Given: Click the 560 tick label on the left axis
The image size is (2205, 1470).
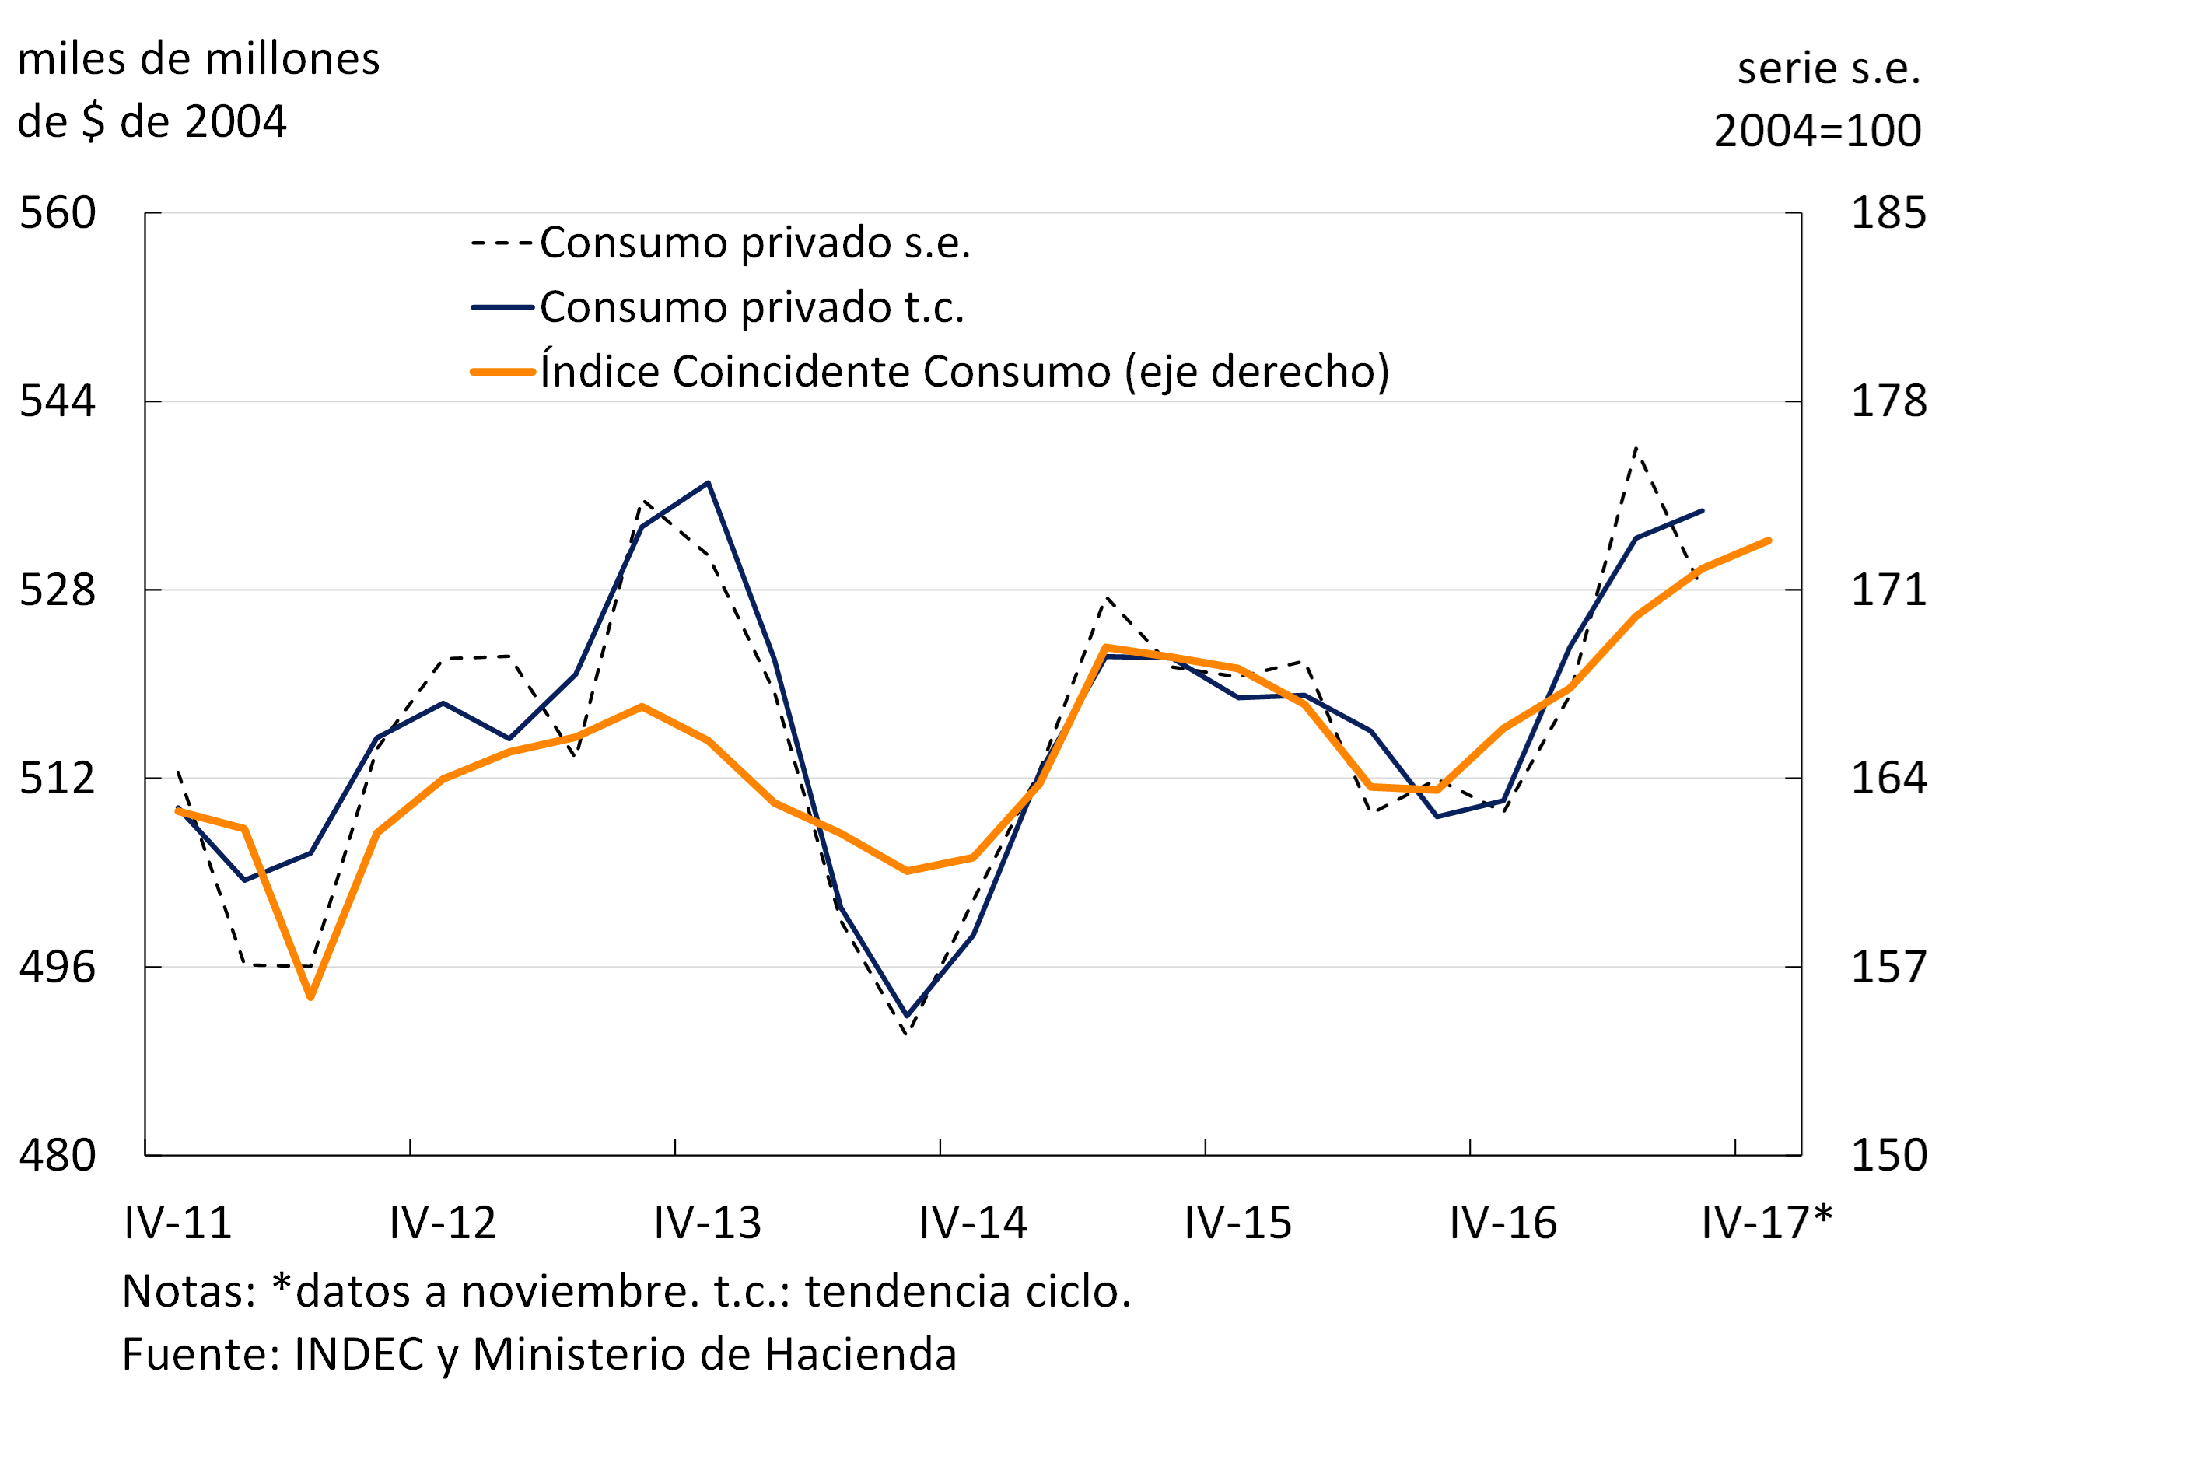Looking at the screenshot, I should (58, 213).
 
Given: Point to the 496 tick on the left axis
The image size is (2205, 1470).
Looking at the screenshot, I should (58, 967).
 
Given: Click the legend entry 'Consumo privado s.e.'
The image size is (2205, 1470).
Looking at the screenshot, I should (754, 243).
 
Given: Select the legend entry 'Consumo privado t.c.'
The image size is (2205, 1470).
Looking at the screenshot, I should (752, 307).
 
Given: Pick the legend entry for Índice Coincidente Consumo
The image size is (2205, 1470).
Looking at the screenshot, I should (964, 371).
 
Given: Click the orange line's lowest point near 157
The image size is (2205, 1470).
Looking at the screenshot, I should (310, 996).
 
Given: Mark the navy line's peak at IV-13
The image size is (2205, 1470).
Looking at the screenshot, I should (709, 484).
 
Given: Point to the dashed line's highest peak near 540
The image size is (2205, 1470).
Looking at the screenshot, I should (1636, 449).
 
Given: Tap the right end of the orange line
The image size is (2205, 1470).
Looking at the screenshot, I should (1768, 541).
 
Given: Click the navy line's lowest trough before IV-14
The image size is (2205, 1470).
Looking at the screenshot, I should (907, 1015).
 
